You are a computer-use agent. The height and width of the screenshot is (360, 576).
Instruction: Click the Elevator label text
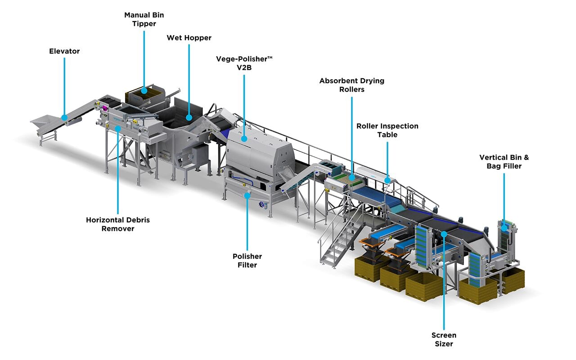pos(64,51)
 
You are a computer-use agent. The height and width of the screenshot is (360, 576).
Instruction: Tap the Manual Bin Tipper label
pos(144,19)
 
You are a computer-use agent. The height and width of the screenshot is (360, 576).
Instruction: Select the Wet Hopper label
pos(189,38)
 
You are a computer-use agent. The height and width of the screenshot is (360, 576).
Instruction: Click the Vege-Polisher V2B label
pos(244,63)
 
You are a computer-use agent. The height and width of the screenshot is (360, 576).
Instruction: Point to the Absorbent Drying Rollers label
pos(352,85)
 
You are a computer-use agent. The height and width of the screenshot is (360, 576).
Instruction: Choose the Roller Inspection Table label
pos(387,130)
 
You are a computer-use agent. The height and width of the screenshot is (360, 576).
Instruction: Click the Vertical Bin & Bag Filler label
pos(504,162)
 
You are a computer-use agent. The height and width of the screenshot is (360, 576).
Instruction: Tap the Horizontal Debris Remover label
pos(118,224)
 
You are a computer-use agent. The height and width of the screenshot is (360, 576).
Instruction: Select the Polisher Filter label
pos(247,261)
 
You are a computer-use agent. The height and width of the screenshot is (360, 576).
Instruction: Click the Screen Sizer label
pos(444,339)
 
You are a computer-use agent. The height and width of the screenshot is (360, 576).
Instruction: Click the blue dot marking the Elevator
pos(64,118)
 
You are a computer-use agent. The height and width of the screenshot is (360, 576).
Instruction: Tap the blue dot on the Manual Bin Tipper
pos(144,90)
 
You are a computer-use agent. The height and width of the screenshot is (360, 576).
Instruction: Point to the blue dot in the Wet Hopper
pos(189,117)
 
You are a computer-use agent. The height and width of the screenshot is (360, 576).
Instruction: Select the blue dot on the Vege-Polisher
pos(244,139)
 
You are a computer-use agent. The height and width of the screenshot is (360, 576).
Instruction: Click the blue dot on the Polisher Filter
pos(247,195)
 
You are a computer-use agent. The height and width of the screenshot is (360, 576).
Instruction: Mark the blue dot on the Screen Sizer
pos(444,234)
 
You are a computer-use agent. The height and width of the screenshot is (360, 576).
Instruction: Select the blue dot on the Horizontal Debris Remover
pos(118,128)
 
